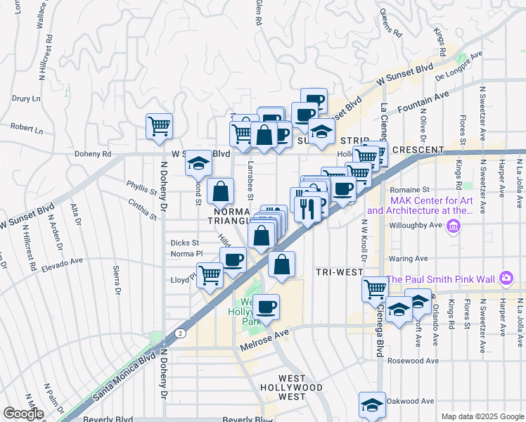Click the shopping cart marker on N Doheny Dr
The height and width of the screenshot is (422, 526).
pos(160,127)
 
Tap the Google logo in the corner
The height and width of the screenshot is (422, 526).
pos(23,414)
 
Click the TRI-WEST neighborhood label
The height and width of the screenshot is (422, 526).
pos(339,272)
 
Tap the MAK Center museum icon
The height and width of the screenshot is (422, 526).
pos(453,226)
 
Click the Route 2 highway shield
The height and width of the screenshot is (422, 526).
pos(181,332)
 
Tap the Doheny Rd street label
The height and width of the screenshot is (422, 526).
pos(92,154)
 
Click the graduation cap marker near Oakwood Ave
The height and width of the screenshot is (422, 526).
pos(372,404)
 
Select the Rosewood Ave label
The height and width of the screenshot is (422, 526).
pos(415,361)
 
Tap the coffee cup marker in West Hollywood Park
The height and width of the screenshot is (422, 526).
pos(266,307)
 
